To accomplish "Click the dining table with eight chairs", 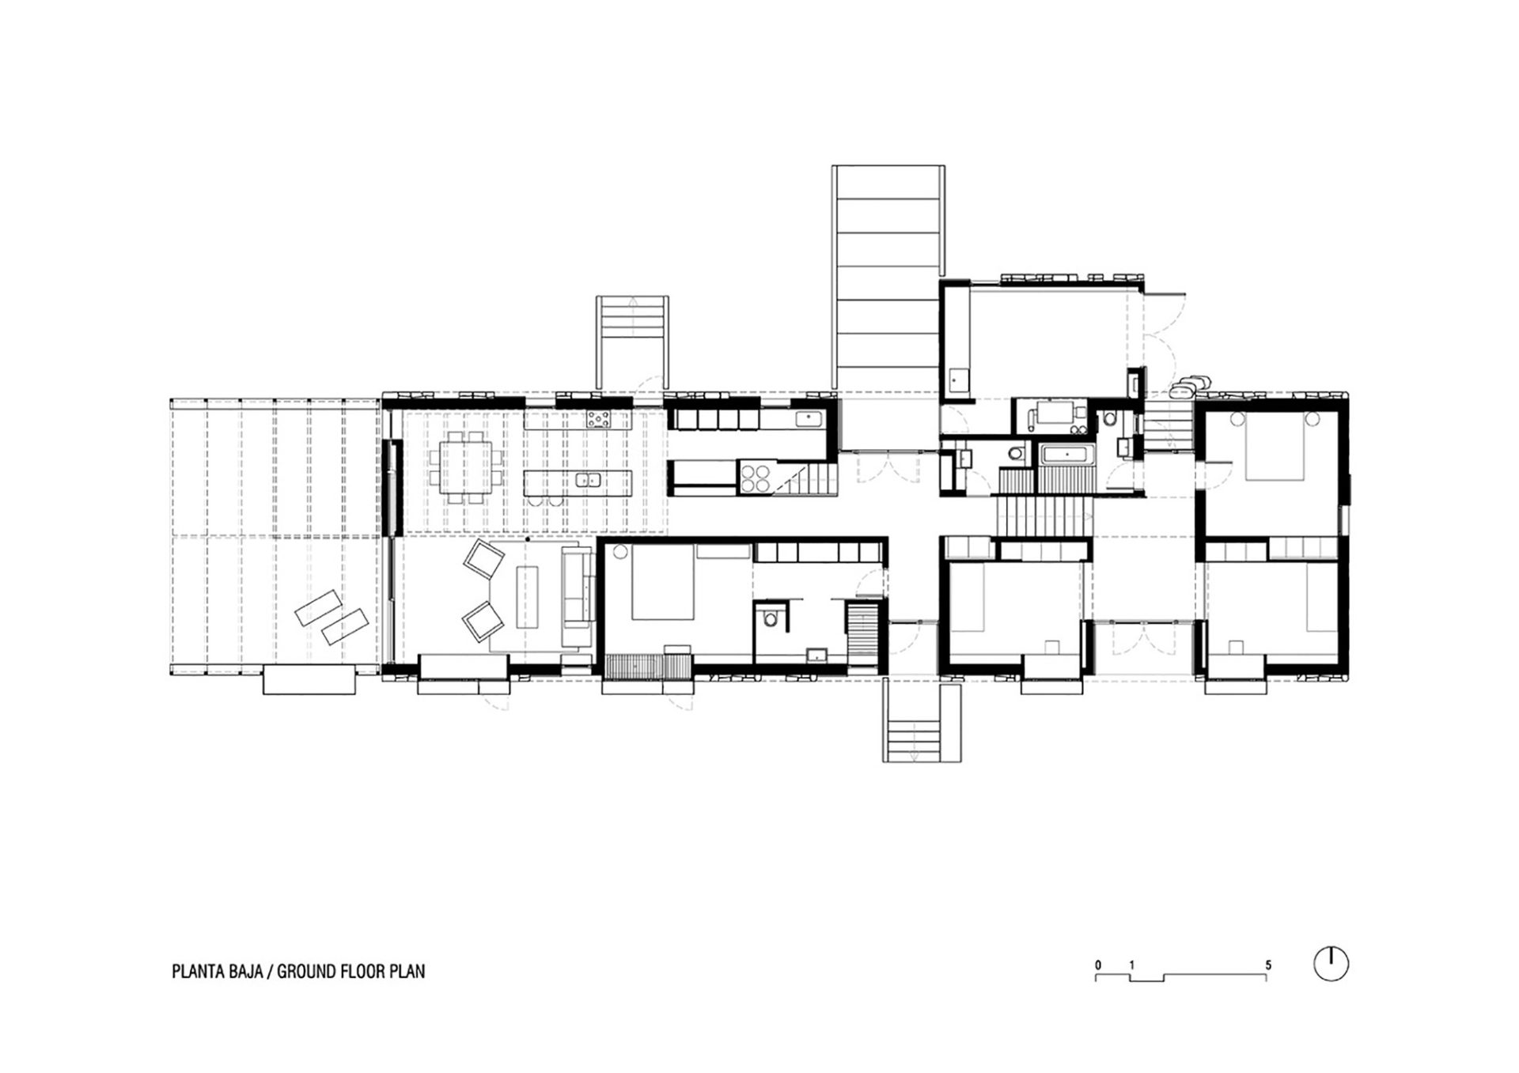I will (x=471, y=467).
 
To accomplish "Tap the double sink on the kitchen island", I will (x=586, y=479).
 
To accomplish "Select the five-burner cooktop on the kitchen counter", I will (x=598, y=421).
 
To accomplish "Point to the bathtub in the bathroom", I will (x=1066, y=455).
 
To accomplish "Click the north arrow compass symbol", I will (x=1331, y=965).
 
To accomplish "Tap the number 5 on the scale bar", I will (x=1268, y=965).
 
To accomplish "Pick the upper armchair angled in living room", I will (x=484, y=560).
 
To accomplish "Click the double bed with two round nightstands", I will (x=1274, y=449).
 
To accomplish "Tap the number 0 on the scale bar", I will (x=1098, y=965).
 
